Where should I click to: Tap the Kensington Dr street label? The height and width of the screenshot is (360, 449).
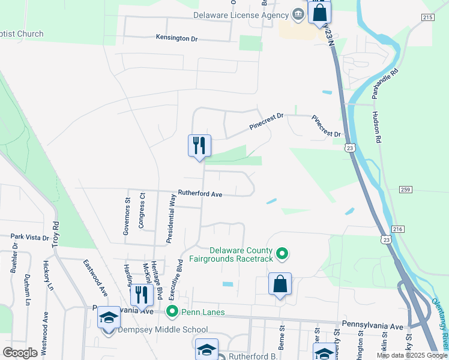coord(176,38)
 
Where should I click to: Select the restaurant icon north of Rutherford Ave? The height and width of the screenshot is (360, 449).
coord(199,146)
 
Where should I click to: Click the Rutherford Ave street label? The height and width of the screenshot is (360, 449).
coord(200,194)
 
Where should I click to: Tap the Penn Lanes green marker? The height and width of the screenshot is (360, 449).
coord(172,311)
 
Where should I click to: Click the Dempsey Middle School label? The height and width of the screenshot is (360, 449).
coord(163,329)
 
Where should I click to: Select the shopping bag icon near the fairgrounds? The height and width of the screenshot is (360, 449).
coord(280,284)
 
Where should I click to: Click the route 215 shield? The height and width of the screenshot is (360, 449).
coord(427,18)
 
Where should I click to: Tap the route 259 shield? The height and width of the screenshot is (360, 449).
coord(405,190)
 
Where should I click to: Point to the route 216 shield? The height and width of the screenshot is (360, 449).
coord(397,229)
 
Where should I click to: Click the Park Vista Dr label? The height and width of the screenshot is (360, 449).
coord(29,238)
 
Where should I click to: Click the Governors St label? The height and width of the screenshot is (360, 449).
coord(127,216)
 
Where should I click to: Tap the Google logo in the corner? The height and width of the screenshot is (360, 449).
coord(20,353)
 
